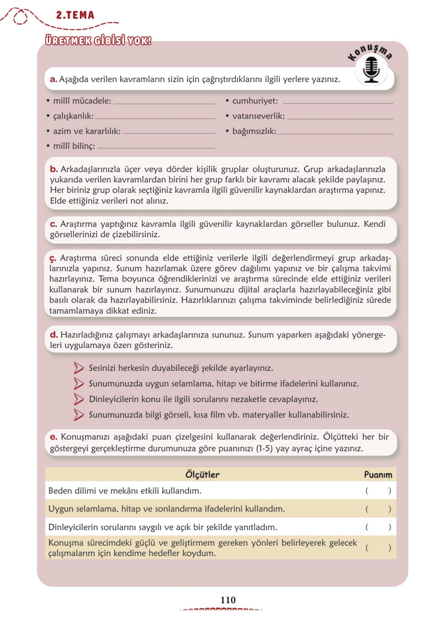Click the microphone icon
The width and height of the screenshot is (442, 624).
[371, 70]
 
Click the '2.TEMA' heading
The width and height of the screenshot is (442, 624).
[75, 15]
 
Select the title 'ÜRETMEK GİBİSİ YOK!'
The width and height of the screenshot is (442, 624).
[98, 40]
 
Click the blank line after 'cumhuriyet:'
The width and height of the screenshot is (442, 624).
[338, 102]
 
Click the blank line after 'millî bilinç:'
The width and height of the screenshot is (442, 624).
[156, 147]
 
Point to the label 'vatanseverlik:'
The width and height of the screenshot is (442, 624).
[258, 116]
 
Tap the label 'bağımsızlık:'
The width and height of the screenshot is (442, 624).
[254, 131]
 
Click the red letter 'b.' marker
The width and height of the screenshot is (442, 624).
[54, 169]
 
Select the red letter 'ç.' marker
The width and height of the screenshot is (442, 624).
[53, 258]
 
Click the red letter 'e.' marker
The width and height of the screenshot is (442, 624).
[53, 437]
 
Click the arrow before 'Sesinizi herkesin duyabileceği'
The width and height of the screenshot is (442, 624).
[79, 368]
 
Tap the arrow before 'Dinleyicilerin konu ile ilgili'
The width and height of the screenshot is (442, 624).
[79, 399]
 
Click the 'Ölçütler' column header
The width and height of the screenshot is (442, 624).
[202, 474]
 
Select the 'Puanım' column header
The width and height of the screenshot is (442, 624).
[378, 475]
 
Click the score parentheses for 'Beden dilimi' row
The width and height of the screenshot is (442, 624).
[378, 491]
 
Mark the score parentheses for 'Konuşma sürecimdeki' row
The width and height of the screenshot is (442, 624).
[378, 548]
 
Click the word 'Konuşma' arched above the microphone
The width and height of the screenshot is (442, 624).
[370, 52]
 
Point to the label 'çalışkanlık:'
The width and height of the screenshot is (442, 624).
[73, 116]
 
